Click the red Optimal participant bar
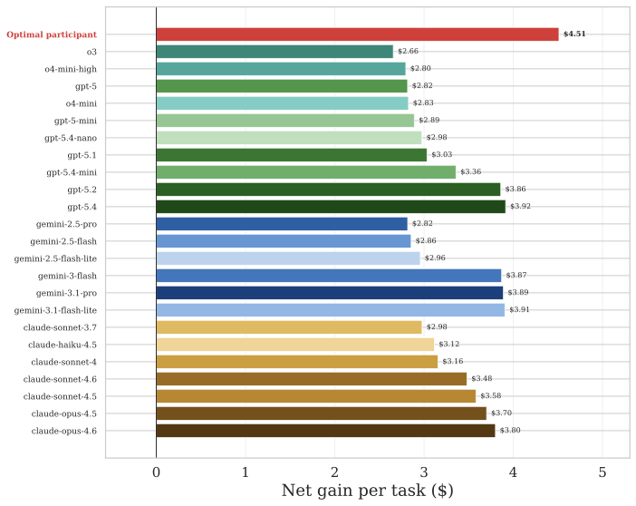click(x=357, y=34)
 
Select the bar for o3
click(x=275, y=52)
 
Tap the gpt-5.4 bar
click(x=331, y=207)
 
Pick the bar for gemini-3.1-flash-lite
click(x=330, y=310)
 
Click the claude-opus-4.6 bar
click(x=325, y=431)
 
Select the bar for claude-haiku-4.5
click(x=294, y=345)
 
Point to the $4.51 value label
click(x=574, y=34)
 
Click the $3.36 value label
click(x=471, y=172)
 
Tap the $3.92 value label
click(x=521, y=207)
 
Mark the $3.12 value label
click(x=449, y=345)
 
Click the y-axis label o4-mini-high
click(x=71, y=69)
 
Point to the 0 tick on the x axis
click(x=156, y=472)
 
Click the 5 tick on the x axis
click(x=602, y=472)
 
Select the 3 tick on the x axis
click(x=423, y=472)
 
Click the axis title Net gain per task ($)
click(x=367, y=491)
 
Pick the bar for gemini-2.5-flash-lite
click(x=287, y=258)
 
